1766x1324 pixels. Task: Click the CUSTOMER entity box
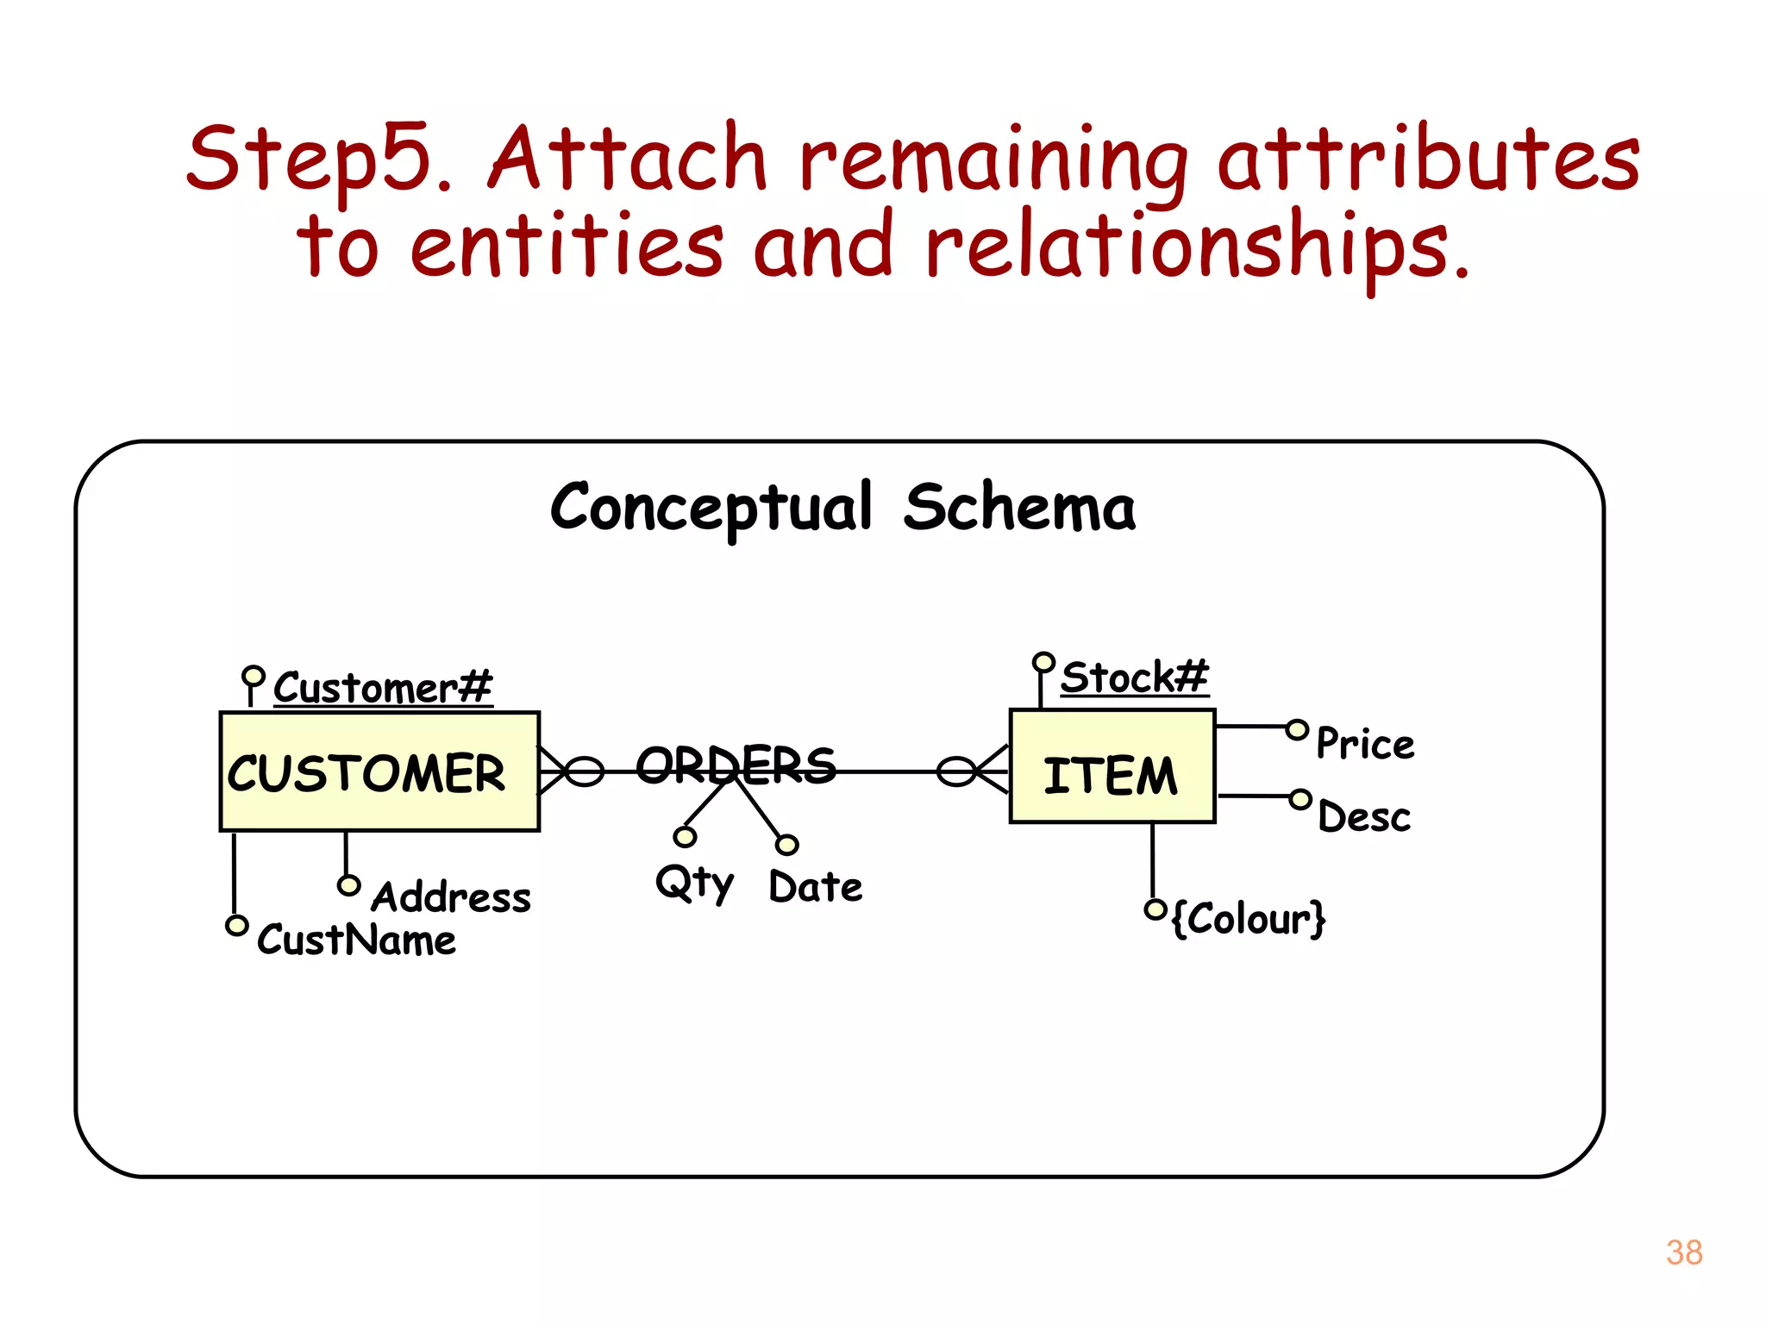point(379,771)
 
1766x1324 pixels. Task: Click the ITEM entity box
point(1112,766)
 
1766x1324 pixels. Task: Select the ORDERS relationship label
point(736,765)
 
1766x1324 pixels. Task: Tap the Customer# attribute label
point(382,688)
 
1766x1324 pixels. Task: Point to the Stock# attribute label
point(1133,677)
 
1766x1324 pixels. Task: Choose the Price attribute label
point(1365,744)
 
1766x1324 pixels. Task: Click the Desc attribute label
point(1364,817)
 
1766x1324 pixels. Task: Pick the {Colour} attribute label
point(1249,918)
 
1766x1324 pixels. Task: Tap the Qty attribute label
point(693,884)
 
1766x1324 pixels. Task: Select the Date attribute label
point(815,887)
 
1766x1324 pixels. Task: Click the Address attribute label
point(450,897)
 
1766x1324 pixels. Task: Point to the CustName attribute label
point(356,940)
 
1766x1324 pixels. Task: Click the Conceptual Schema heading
point(842,507)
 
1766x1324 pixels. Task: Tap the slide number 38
point(1683,1252)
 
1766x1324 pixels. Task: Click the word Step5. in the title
point(319,159)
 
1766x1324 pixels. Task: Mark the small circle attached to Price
point(1297,730)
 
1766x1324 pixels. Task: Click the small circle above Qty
point(685,837)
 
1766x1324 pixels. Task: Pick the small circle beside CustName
point(236,925)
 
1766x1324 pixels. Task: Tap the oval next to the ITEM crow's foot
point(955,771)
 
